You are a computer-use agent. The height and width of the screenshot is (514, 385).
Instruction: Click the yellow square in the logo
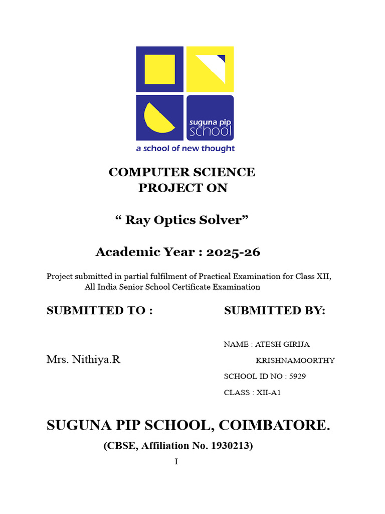click(159, 69)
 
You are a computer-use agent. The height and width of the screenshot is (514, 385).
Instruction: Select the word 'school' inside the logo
click(211, 131)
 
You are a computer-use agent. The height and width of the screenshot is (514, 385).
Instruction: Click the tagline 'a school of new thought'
click(185, 149)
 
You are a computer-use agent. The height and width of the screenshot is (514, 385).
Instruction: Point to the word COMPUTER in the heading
click(145, 172)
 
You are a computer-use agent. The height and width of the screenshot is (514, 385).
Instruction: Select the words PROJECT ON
click(182, 188)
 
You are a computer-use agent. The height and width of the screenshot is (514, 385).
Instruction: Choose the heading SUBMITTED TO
click(99, 311)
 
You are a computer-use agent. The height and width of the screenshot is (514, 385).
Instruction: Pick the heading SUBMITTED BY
click(275, 311)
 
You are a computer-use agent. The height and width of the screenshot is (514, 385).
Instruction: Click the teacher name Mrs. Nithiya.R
click(83, 360)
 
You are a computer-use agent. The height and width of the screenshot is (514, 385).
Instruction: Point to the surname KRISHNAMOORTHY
click(295, 361)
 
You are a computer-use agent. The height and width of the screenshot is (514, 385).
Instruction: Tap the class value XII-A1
click(269, 393)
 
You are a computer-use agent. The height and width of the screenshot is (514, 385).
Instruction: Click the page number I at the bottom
click(176, 462)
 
